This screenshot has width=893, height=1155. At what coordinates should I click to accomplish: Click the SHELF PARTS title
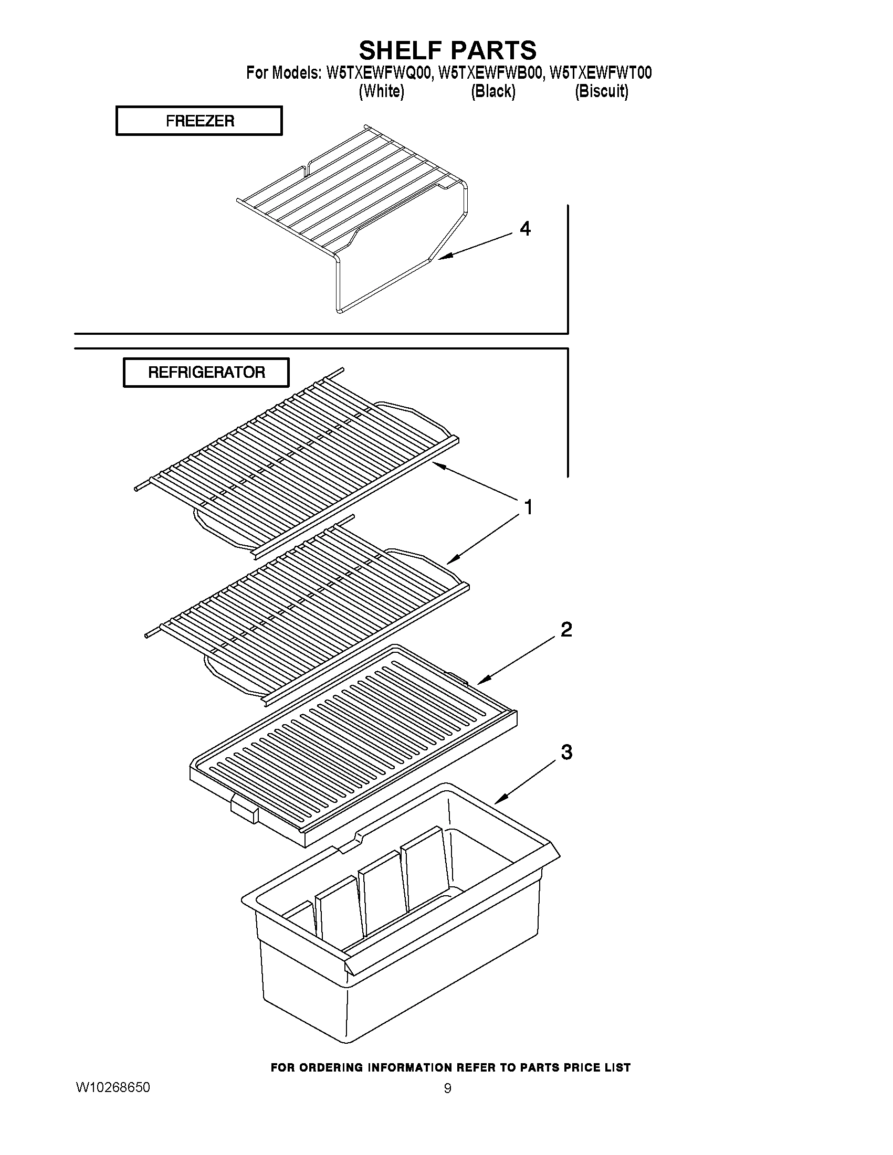(448, 50)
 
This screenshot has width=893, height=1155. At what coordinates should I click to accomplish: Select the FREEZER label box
(199, 121)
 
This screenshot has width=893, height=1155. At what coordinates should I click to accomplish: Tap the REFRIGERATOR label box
(206, 372)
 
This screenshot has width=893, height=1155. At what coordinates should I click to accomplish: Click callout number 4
(525, 228)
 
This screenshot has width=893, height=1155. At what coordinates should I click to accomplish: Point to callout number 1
(528, 507)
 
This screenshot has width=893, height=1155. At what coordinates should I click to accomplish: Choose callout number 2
(565, 629)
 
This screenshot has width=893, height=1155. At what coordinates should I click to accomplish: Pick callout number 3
(566, 751)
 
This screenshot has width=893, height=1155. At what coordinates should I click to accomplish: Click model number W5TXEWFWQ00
(380, 73)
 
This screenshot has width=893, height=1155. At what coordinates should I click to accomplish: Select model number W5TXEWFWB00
(490, 73)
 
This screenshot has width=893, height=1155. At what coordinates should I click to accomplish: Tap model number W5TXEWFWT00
(601, 73)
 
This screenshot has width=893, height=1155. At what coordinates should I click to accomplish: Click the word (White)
(382, 91)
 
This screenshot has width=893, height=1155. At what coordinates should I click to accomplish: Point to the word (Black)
(493, 91)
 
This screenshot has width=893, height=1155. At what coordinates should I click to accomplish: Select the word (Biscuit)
(602, 91)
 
